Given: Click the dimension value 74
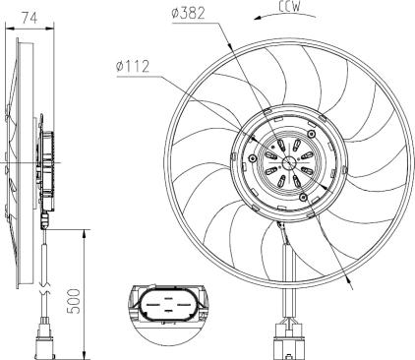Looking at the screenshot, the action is (x=30, y=18).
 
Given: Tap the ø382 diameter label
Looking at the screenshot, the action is (x=189, y=13).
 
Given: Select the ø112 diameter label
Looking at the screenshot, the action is (x=133, y=67).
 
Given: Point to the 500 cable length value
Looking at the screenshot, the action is (x=75, y=301).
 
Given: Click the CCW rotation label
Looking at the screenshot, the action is (x=290, y=7).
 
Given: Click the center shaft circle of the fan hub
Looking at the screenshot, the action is (x=289, y=163).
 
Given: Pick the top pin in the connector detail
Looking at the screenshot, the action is (x=168, y=299).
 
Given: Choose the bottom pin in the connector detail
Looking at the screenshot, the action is (x=168, y=310).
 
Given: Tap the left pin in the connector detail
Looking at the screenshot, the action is (x=152, y=304).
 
